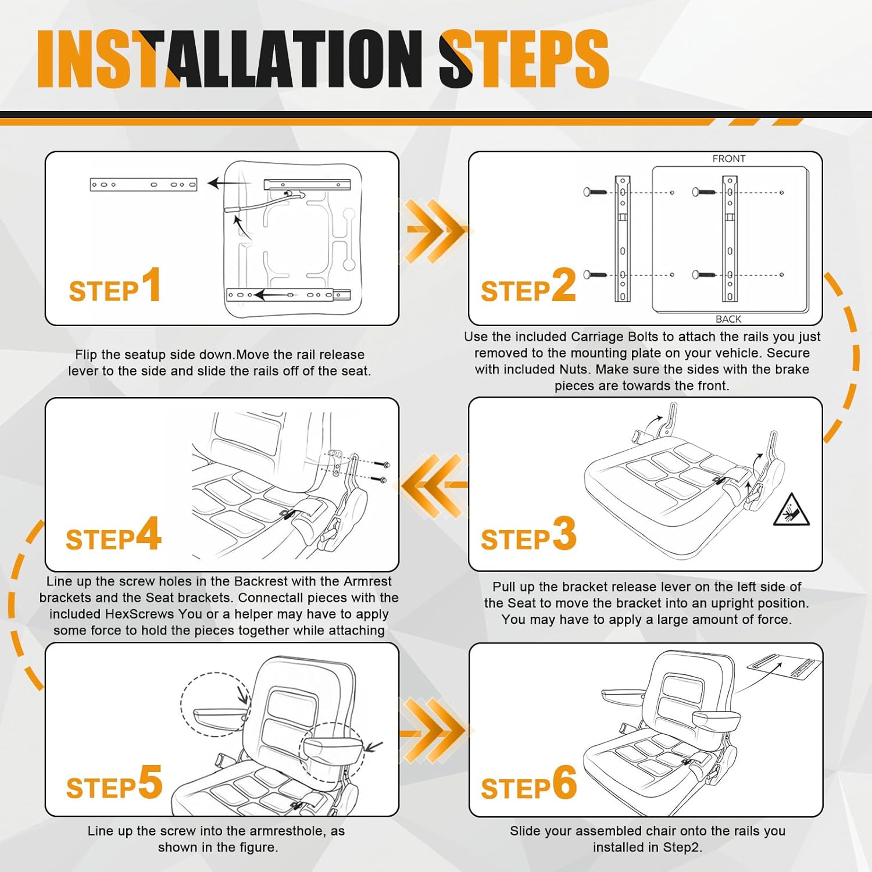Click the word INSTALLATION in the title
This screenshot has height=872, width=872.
(230, 59)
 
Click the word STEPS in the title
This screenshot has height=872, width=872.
(523, 59)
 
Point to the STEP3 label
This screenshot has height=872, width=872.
(528, 535)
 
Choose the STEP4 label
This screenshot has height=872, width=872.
(113, 535)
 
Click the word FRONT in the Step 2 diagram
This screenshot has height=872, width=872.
(728, 159)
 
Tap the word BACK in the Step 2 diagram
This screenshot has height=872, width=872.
(728, 319)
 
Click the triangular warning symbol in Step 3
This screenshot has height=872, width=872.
(792, 510)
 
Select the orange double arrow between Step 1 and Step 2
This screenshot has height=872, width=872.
(434, 231)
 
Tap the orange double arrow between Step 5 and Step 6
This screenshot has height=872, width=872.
(434, 730)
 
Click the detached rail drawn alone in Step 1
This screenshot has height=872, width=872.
(144, 185)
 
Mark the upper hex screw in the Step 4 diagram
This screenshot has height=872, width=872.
(384, 464)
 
